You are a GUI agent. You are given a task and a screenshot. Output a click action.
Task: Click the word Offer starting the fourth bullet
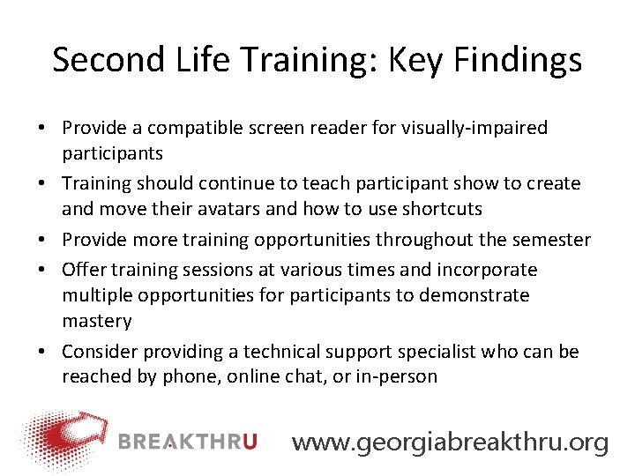point(83,269)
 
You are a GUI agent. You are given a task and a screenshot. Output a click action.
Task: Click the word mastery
point(96,321)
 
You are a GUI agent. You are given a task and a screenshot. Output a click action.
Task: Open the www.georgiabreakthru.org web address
point(450,442)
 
